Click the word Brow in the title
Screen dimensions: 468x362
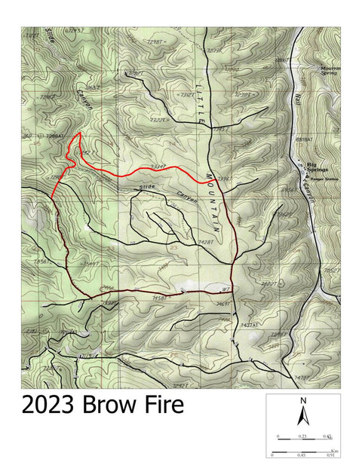[x=111, y=405]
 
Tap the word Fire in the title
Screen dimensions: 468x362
[x=163, y=405]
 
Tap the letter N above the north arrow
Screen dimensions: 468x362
[x=303, y=401]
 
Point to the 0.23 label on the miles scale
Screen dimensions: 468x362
[x=302, y=436]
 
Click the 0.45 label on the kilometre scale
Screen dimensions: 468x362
[x=302, y=455]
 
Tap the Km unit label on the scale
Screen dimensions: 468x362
[x=333, y=449]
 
